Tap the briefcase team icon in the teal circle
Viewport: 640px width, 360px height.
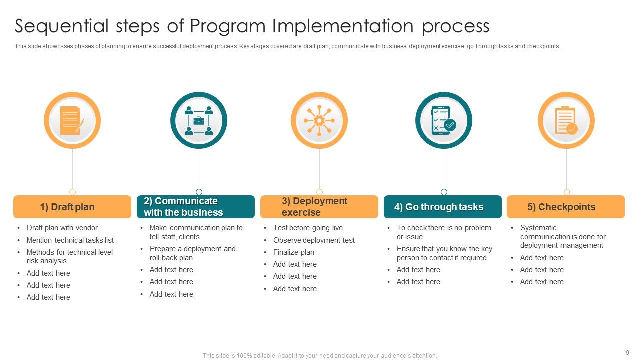pyautogui.click(x=198, y=121)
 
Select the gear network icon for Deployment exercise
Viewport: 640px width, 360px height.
pyautogui.click(x=319, y=121)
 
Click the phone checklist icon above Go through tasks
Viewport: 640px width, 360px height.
pyautogui.click(x=443, y=121)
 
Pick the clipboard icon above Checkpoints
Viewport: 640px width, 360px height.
pyautogui.click(x=566, y=121)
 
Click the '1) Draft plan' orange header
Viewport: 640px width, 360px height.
pyautogui.click(x=72, y=207)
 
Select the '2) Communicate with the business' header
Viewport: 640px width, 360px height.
pyautogui.click(x=195, y=207)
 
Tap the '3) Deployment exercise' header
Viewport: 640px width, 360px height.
pyautogui.click(x=319, y=207)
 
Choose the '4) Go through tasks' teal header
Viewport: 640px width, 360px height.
pyautogui.click(x=442, y=207)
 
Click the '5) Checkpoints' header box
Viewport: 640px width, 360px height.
pyautogui.click(x=565, y=207)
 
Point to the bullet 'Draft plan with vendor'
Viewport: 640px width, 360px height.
pyautogui.click(x=62, y=228)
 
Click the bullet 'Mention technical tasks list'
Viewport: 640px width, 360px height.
pyautogui.click(x=70, y=240)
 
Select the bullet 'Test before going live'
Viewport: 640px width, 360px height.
pyautogui.click(x=308, y=228)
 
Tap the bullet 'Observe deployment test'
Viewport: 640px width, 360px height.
pyautogui.click(x=314, y=240)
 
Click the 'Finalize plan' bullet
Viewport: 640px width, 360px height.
pyautogui.click(x=294, y=252)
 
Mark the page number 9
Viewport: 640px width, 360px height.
pyautogui.click(x=627, y=352)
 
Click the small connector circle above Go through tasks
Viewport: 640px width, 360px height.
pyautogui.click(x=444, y=192)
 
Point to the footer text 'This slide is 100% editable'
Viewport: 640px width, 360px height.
pyautogui.click(x=320, y=356)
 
